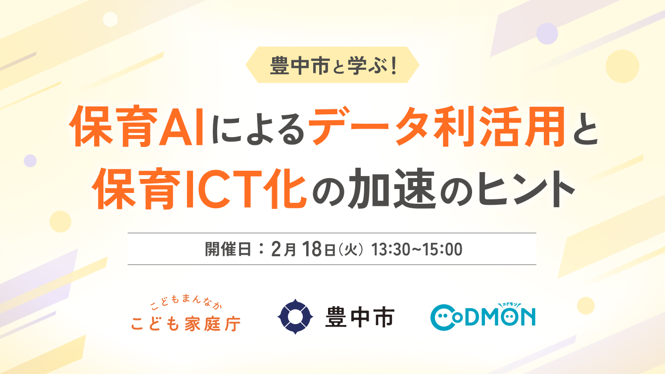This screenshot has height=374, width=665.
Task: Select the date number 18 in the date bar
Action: tap(313, 249)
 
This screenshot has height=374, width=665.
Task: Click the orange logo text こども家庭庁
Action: tap(186, 324)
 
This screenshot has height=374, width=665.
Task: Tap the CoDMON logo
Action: tap(483, 317)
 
